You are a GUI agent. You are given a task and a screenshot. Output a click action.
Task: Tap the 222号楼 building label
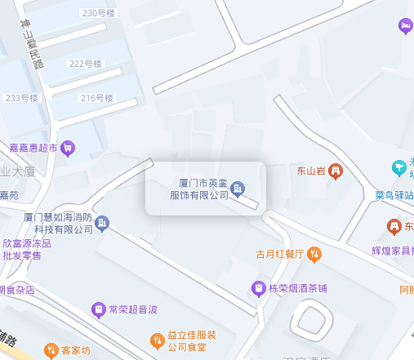click(x=85, y=64)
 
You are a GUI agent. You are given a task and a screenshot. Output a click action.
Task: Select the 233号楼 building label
click(x=22, y=98)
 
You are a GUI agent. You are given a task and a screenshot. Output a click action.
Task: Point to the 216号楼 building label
click(x=97, y=98)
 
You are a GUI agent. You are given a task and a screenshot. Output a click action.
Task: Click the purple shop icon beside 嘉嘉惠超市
click(x=69, y=148)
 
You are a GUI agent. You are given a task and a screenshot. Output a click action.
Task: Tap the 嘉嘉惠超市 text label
click(x=33, y=148)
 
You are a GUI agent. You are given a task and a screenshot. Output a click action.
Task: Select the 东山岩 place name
click(x=310, y=171)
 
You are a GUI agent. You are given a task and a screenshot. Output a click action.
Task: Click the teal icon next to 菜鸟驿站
click(x=399, y=167)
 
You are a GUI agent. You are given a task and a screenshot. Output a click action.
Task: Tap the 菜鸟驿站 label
click(x=394, y=195)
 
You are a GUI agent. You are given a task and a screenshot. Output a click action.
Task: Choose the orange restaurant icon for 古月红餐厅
click(x=314, y=253)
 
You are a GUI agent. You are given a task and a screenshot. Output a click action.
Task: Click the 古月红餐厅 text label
click(x=279, y=253)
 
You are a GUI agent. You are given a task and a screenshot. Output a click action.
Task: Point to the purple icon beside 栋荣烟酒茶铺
click(x=258, y=287)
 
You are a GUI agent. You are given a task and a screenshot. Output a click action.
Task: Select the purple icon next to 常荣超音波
click(x=99, y=310)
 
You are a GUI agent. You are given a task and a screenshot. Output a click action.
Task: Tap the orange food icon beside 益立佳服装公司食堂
click(x=157, y=340)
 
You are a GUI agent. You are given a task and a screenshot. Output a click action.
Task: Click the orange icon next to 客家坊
click(x=50, y=350)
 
